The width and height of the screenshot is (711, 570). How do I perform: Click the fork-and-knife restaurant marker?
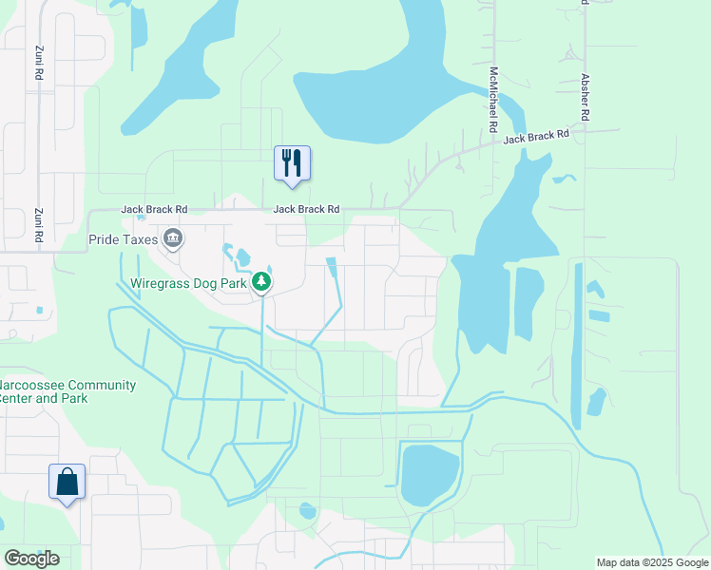292,162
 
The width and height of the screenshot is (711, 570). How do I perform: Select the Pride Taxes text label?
123,239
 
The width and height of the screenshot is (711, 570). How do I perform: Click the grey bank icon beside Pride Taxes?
172,238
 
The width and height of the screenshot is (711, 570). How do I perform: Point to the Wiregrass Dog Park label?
188,282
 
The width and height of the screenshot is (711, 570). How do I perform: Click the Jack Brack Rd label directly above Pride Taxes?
154,209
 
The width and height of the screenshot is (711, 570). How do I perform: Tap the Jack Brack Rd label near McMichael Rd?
536,137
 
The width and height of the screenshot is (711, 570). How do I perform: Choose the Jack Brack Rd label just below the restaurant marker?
306,209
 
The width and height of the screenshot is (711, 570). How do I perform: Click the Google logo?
30,559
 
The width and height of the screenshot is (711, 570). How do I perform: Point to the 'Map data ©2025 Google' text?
652,562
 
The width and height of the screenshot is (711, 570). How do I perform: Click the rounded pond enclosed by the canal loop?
430,475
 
